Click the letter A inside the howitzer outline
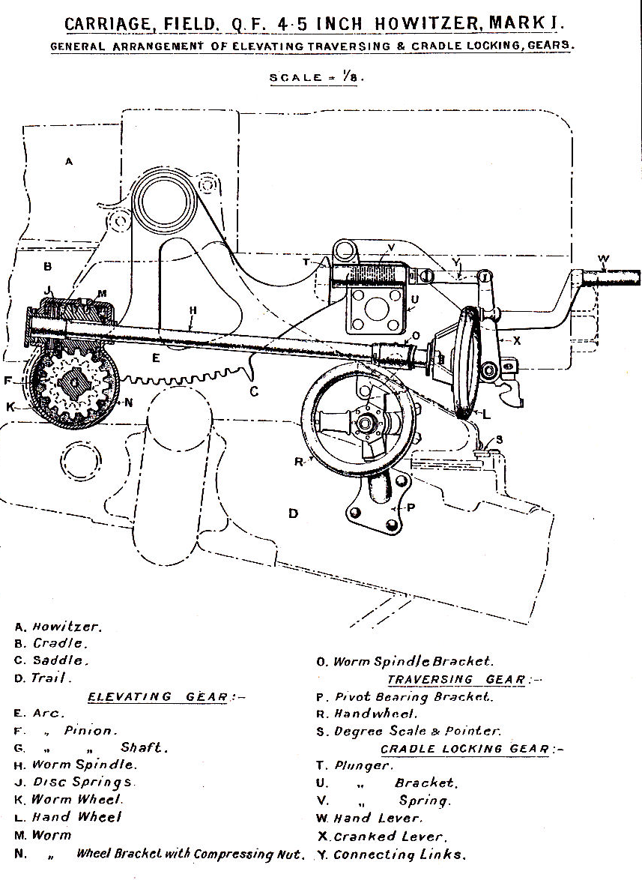[69, 161]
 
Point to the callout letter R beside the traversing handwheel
[299, 462]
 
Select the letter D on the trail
[294, 513]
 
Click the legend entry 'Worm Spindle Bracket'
[413, 662]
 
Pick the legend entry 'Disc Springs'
[83, 783]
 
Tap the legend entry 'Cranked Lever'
[390, 837]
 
